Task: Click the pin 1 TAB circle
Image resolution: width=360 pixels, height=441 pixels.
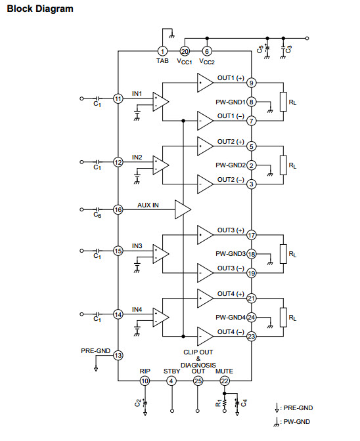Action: point(162,51)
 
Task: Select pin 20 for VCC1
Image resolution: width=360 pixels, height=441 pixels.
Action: point(185,51)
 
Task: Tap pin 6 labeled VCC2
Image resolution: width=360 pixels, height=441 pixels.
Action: point(207,51)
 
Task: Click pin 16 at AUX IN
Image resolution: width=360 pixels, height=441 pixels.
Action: point(118,209)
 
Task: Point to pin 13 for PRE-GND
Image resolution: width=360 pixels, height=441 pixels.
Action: point(118,356)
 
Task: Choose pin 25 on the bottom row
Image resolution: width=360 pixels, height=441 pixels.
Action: point(198,381)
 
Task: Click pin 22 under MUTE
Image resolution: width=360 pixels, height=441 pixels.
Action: point(224,381)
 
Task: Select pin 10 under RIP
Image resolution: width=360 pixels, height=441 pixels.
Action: point(145,381)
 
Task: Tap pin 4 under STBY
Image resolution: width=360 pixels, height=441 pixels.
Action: point(171,381)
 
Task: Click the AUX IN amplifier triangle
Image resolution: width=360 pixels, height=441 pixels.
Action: point(181,209)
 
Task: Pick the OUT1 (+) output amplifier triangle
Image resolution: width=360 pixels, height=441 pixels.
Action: point(204,83)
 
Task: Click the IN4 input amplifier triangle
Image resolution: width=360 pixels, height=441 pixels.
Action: point(160,317)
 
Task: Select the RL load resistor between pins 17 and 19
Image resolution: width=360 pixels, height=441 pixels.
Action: point(283,254)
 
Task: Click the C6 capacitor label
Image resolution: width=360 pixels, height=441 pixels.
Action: point(97,215)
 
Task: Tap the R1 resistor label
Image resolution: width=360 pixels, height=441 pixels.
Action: point(219,404)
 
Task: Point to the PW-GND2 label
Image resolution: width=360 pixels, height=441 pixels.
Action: point(231,165)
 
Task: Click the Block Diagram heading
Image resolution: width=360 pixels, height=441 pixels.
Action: point(40,9)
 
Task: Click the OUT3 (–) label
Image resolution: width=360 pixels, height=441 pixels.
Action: point(231,268)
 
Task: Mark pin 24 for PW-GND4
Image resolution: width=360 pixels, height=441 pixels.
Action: point(252,318)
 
